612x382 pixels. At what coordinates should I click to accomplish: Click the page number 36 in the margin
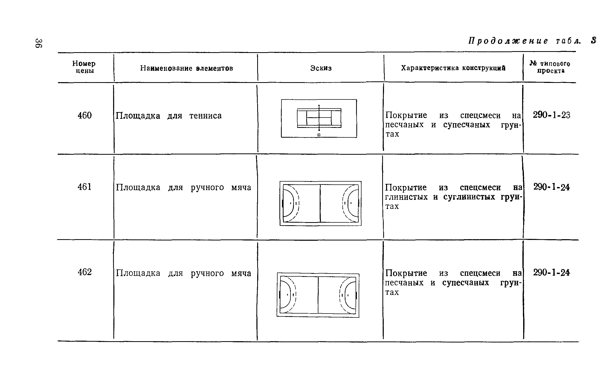coord(39,43)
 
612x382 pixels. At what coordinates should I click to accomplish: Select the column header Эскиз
coord(321,68)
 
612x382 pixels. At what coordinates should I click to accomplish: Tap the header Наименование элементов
coord(187,68)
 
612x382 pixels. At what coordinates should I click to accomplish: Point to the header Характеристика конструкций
coord(453,68)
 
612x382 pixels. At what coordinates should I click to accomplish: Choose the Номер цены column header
coord(84,67)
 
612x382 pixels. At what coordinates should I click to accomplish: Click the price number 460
coord(85,115)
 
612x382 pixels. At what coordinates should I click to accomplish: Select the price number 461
coord(85,187)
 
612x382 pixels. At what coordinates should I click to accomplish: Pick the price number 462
coord(85,272)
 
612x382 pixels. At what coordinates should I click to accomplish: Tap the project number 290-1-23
coord(552,115)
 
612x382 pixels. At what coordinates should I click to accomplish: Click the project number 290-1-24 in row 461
coord(552,187)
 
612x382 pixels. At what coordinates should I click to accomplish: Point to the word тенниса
coord(206,116)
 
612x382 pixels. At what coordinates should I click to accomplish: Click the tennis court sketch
coord(319,118)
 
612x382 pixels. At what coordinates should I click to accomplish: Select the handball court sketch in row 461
coord(320,203)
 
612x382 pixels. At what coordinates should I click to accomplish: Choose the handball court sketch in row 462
coord(318,295)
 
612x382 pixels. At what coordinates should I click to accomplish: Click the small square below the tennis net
coord(319,135)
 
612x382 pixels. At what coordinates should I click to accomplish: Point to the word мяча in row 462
coord(241,273)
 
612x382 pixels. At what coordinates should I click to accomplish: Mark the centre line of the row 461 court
coord(320,203)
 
